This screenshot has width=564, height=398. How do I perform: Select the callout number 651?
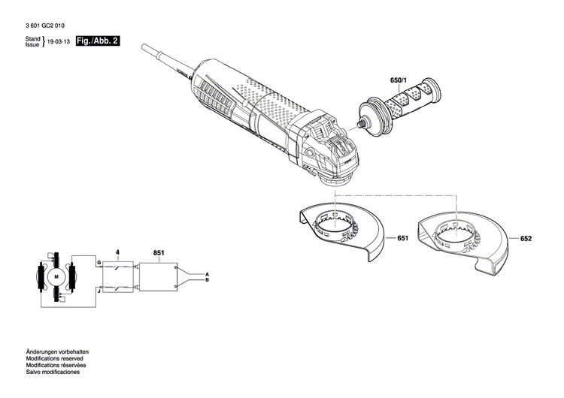pyautogui.click(x=402, y=238)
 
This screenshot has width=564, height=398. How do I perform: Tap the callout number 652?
pyautogui.click(x=525, y=238)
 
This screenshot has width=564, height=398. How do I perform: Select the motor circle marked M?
pyautogui.click(x=55, y=277)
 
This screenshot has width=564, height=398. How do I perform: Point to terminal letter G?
pyautogui.click(x=98, y=262)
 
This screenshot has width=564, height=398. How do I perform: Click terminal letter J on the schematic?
pyautogui.click(x=98, y=289)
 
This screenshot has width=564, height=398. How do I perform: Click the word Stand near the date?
pyautogui.click(x=32, y=38)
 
